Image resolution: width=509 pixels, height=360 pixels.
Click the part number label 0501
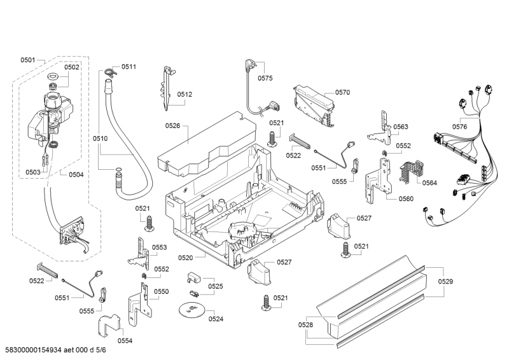[27, 60]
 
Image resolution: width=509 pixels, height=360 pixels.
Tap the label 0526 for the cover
[172, 125]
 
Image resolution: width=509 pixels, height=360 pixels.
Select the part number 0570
[342, 92]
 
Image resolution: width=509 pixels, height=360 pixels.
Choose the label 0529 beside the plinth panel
[446, 281]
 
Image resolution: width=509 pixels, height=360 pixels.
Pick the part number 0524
[216, 319]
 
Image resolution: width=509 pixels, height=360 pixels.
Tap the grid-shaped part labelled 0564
[408, 167]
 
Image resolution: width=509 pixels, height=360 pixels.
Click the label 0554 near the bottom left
[125, 340]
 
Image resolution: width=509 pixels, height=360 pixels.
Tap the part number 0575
[265, 78]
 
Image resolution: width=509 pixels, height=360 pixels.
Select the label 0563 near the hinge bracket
[400, 127]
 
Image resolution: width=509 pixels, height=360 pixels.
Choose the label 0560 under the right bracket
[405, 198]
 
